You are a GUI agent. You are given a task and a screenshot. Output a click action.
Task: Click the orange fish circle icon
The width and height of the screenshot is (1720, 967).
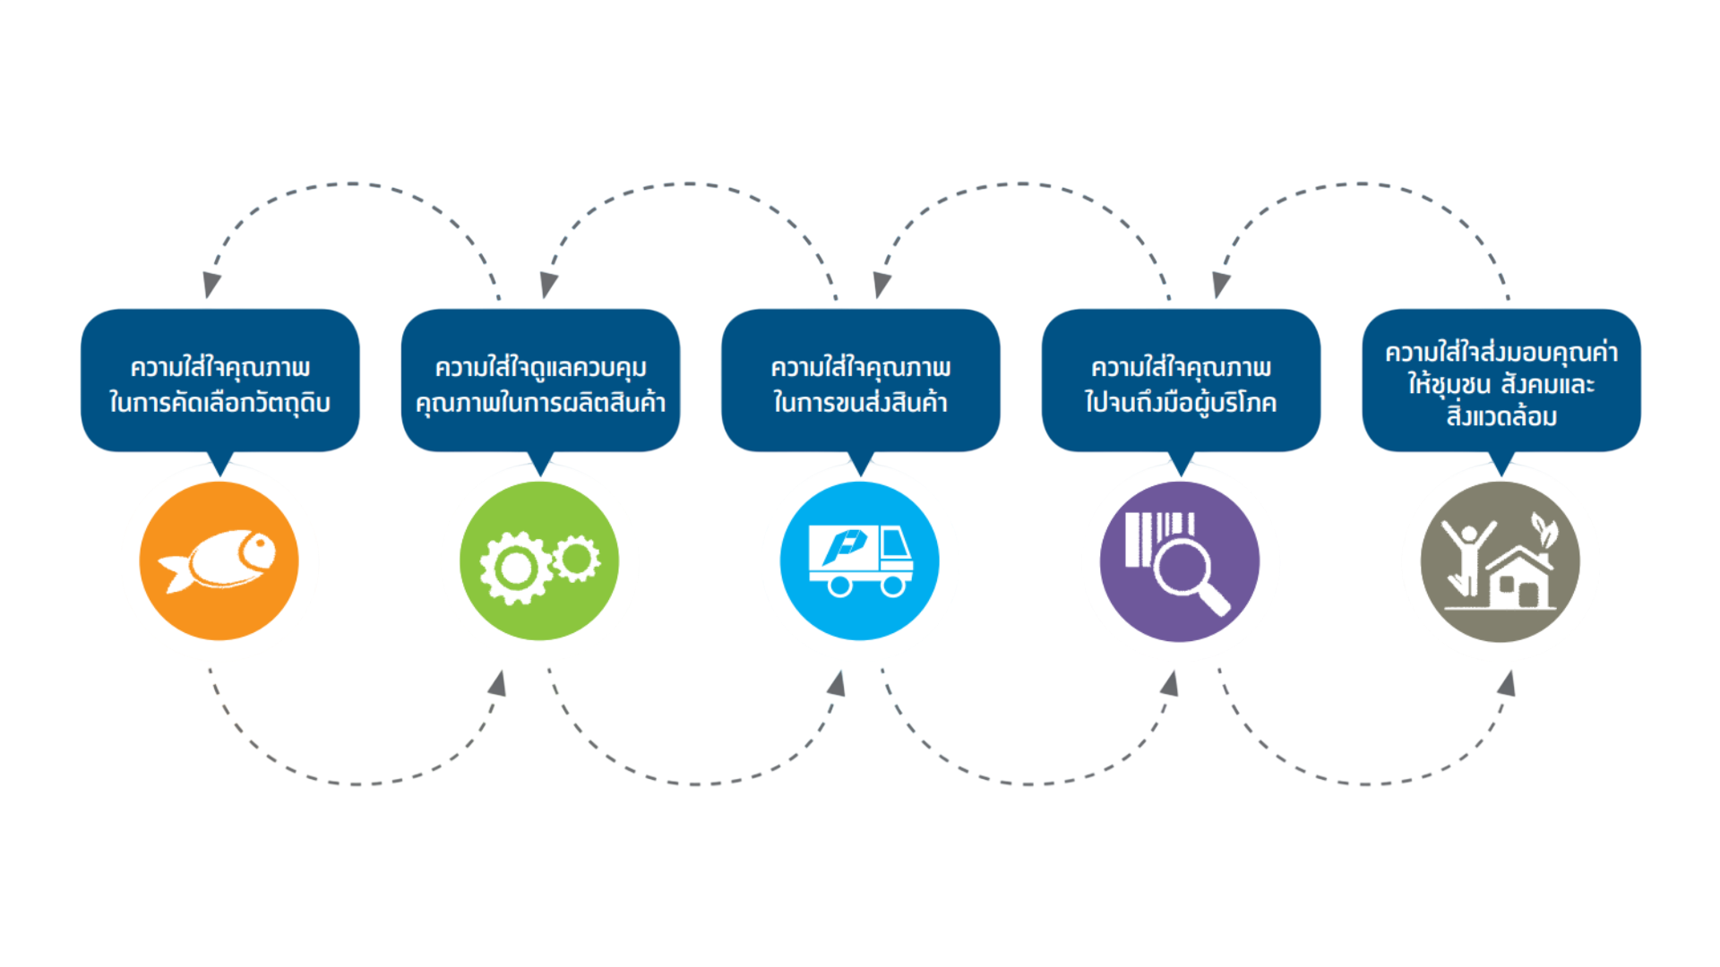(219, 561)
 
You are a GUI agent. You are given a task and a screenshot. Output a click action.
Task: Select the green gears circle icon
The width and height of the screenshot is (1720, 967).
(539, 561)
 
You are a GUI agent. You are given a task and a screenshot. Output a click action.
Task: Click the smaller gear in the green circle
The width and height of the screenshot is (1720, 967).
(577, 559)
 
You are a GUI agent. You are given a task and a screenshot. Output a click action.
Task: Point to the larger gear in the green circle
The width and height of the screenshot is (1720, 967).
(515, 568)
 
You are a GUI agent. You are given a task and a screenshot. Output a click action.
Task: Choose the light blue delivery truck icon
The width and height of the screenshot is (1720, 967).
(860, 561)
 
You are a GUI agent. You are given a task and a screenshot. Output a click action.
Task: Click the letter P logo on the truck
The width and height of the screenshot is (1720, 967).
(845, 545)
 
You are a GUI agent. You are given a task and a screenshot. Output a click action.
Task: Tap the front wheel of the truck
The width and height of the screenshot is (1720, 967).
(893, 586)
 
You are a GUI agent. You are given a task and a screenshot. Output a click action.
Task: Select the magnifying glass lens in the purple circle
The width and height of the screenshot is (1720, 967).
(1182, 566)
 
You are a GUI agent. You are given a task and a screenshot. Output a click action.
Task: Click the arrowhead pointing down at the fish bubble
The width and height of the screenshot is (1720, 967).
(211, 285)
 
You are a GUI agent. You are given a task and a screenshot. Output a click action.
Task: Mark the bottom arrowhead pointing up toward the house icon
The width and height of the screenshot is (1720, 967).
(1508, 683)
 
